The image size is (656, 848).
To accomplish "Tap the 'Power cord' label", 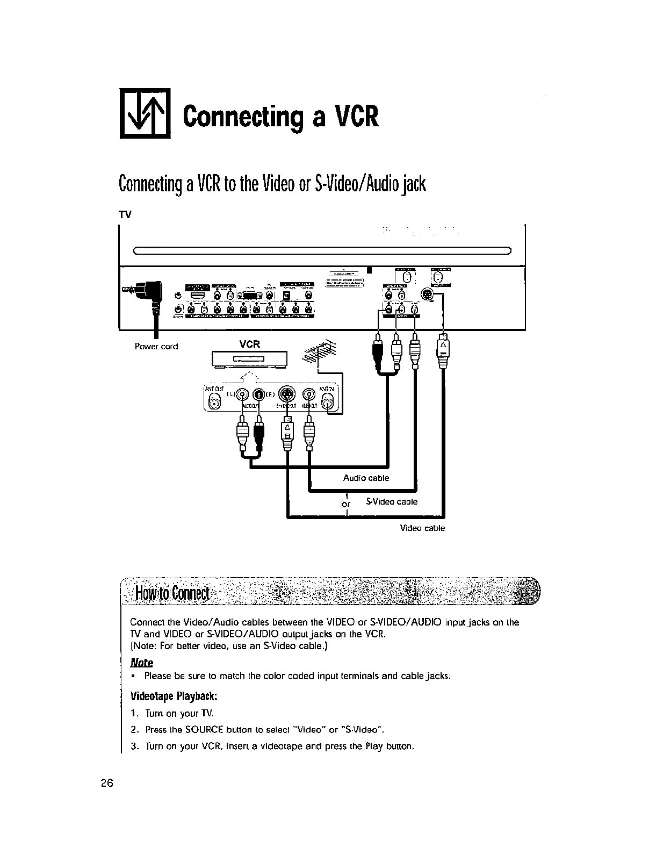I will pyautogui.click(x=156, y=347).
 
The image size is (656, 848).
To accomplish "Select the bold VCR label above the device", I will pyautogui.click(x=250, y=344).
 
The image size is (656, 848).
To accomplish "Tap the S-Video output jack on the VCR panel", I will pyautogui.click(x=287, y=394).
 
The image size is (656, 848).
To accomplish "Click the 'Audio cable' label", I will pyautogui.click(x=366, y=478).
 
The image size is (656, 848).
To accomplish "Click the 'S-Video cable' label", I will pyautogui.click(x=392, y=501).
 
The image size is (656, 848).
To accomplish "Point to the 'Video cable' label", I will pyautogui.click(x=422, y=528).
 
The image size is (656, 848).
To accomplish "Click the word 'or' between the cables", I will pyautogui.click(x=346, y=504).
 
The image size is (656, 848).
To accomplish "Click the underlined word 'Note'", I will pyautogui.click(x=142, y=663).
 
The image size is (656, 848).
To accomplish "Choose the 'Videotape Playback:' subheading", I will pyautogui.click(x=174, y=696).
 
